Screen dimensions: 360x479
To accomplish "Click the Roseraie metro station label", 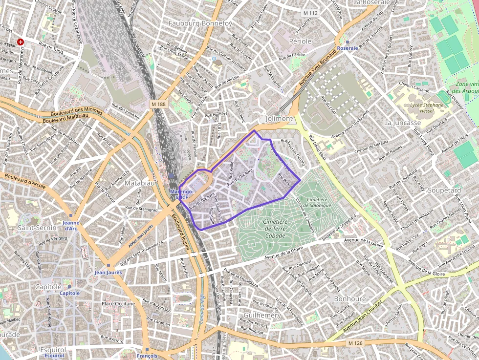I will coord(348,48).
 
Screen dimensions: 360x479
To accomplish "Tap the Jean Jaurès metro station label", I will coord(108,272).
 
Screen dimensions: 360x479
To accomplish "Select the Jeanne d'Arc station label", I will coord(71,225).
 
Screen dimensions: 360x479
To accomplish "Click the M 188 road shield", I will coord(158,104).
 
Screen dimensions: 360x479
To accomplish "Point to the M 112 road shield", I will coord(310,12).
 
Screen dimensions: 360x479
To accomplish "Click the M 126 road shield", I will coord(356,343).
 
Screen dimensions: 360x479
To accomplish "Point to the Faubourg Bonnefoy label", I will coord(200,23).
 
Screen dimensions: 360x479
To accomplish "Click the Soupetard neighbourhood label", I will coord(444,190).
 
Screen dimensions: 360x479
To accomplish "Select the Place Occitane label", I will coord(118,304).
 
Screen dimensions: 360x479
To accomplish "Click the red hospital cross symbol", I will coord(20,42).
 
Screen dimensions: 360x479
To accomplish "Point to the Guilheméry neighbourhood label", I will coord(262,316).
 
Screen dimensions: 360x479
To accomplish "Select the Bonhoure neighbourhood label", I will coord(350,298).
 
